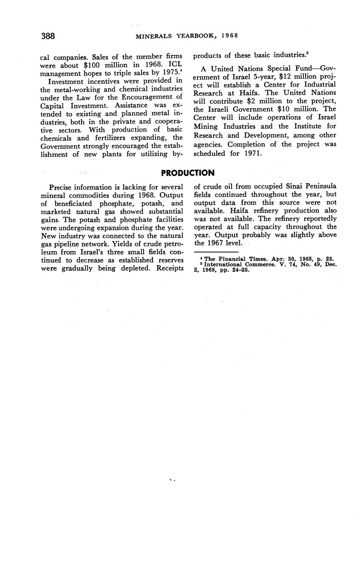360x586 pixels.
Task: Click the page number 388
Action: [x=48, y=36]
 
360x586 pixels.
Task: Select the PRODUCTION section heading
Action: [x=188, y=173]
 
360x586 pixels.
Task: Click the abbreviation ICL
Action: [x=176, y=65]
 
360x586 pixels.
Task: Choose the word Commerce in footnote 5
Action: [x=263, y=264]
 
